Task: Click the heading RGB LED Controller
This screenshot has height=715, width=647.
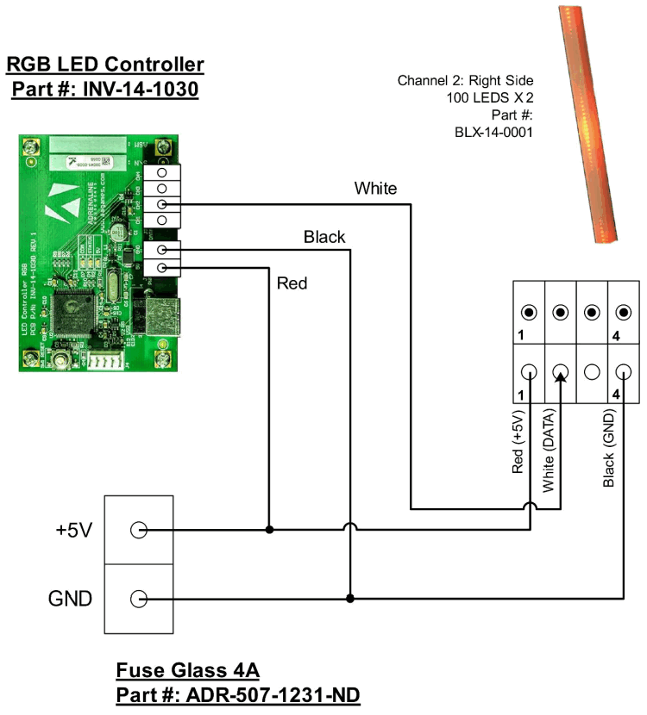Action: [105, 65]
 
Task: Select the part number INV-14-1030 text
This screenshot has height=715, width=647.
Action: [105, 90]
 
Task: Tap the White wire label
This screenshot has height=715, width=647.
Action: [375, 188]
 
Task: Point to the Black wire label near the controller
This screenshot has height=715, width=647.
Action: [324, 236]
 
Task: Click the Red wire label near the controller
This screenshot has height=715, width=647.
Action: [292, 283]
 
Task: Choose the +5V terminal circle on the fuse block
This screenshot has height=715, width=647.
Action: [138, 530]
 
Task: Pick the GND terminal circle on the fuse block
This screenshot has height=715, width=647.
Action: [138, 598]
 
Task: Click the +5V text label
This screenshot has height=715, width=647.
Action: [74, 531]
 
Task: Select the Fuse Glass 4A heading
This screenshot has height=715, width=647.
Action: [187, 670]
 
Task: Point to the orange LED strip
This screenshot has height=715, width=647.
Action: [588, 121]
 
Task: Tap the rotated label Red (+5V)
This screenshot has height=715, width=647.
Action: [518, 445]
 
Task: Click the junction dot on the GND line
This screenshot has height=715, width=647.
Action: [349, 598]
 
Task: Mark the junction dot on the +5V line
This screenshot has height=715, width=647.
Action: [269, 530]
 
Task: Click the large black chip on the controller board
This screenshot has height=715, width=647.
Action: [73, 315]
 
